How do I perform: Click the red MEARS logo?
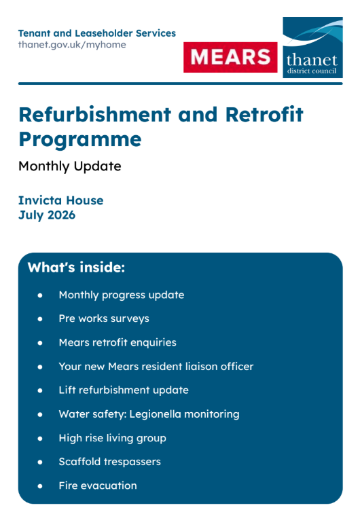[x=230, y=57]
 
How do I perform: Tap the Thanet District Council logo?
[x=312, y=48]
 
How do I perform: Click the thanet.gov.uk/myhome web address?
[x=72, y=45]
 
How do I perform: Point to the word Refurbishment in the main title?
[x=94, y=114]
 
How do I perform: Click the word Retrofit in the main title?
[x=264, y=114]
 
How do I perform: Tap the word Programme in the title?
[x=80, y=140]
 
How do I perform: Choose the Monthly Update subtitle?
[x=70, y=166]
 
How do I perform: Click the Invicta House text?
[x=60, y=200]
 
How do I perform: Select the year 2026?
[x=61, y=215]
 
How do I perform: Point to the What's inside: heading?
[x=77, y=268]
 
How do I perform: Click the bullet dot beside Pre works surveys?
[x=40, y=318]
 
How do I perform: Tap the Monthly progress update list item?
[x=122, y=295]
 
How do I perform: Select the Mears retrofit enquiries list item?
[x=118, y=342]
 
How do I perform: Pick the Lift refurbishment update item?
[x=124, y=390]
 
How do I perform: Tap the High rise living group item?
[x=113, y=438]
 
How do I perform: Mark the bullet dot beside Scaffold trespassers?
[x=40, y=462]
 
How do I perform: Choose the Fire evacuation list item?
[x=98, y=486]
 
